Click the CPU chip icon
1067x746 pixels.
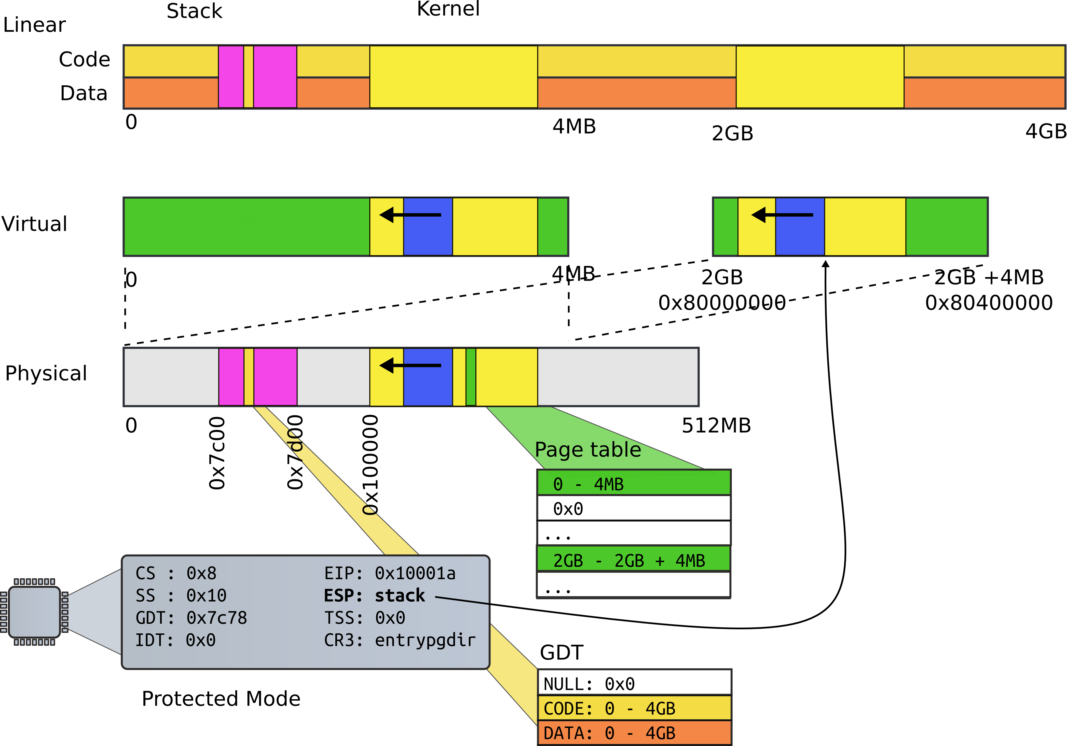click(34, 612)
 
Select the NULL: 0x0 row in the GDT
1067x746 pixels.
click(634, 683)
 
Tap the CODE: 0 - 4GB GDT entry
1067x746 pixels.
click(634, 708)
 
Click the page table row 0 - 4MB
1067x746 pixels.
click(633, 483)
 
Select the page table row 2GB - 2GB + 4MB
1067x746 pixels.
click(633, 560)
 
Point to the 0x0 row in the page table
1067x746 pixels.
click(633, 508)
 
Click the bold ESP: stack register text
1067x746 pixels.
click(374, 595)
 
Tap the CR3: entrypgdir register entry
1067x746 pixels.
click(400, 640)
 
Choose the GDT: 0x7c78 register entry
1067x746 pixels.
click(191, 618)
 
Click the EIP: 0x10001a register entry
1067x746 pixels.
click(389, 573)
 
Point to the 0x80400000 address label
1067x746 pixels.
click(989, 303)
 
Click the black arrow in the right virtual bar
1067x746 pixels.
click(782, 215)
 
